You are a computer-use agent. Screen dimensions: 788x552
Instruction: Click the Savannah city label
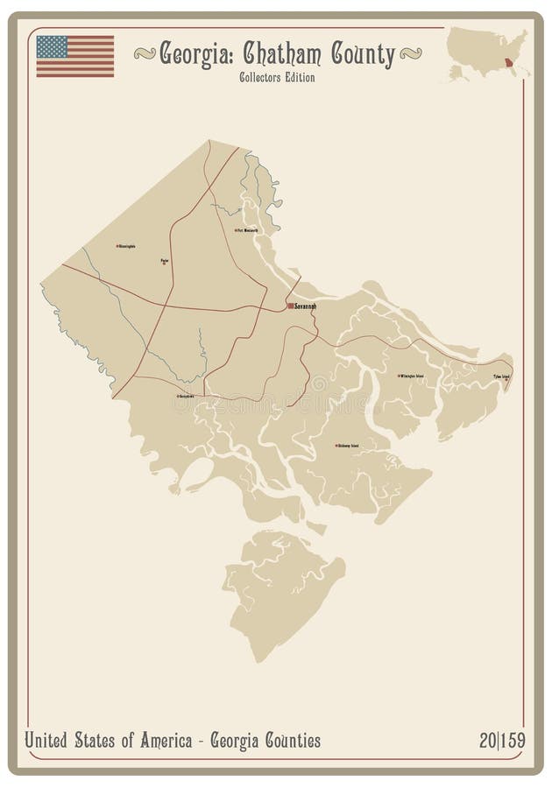click(305, 306)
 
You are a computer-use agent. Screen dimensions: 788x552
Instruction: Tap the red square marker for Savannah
click(291, 306)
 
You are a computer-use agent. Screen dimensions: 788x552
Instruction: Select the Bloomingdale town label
click(127, 246)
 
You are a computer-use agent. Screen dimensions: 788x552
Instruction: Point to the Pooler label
click(165, 259)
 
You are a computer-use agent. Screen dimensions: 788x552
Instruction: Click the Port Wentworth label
click(248, 230)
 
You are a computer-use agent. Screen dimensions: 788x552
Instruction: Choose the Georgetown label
click(187, 396)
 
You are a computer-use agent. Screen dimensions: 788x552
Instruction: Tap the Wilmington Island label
click(412, 376)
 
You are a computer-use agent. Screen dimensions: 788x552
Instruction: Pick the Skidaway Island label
click(349, 446)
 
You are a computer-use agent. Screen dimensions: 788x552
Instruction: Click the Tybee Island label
click(501, 376)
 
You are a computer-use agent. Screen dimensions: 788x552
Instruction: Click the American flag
click(75, 55)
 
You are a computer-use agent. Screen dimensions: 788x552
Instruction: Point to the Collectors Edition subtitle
click(277, 77)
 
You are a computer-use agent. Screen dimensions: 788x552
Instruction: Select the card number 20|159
click(502, 741)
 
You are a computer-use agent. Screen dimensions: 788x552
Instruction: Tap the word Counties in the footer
click(289, 741)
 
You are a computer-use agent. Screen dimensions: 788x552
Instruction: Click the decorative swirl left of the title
click(145, 55)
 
